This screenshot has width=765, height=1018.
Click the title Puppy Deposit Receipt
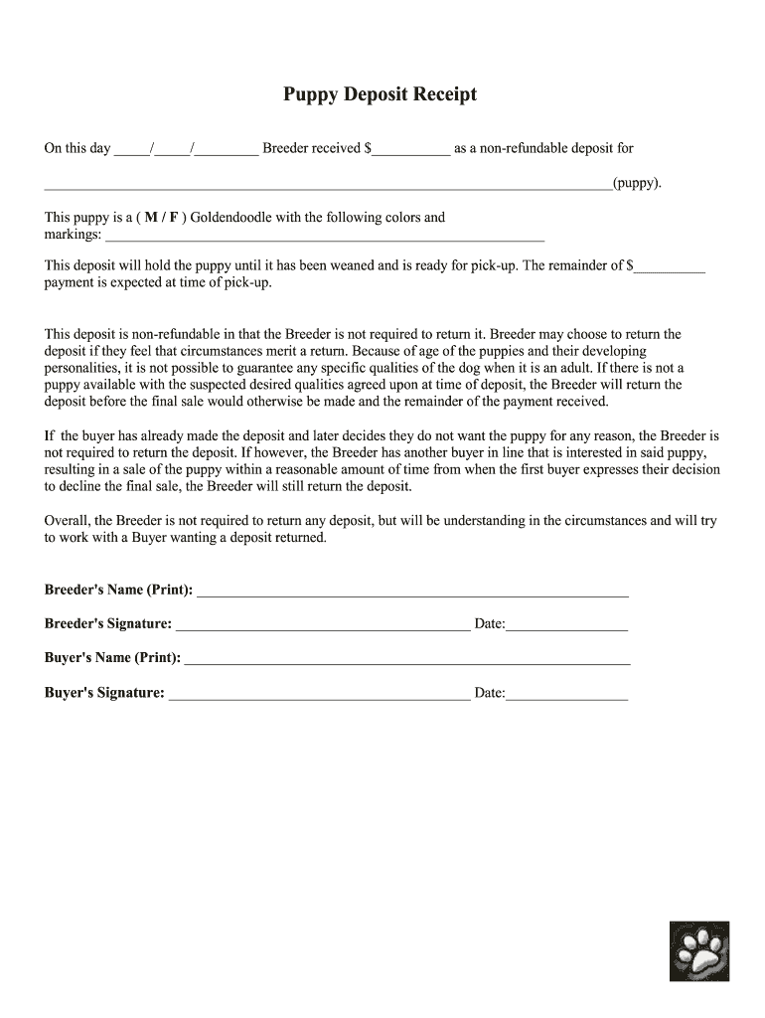tap(381, 94)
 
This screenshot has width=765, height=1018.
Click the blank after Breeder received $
tap(410, 149)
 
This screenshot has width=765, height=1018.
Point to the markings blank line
tap(325, 237)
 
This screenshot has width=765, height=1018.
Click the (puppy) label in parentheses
tap(636, 184)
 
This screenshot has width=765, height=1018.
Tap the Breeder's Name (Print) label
tap(118, 591)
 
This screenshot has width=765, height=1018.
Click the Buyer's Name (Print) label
tap(112, 658)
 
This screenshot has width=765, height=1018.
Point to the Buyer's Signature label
tap(104, 693)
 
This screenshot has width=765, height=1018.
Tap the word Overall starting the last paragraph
tap(68, 521)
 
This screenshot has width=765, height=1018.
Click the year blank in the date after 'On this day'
tap(228, 149)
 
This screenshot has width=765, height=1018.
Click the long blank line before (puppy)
tap(328, 184)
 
